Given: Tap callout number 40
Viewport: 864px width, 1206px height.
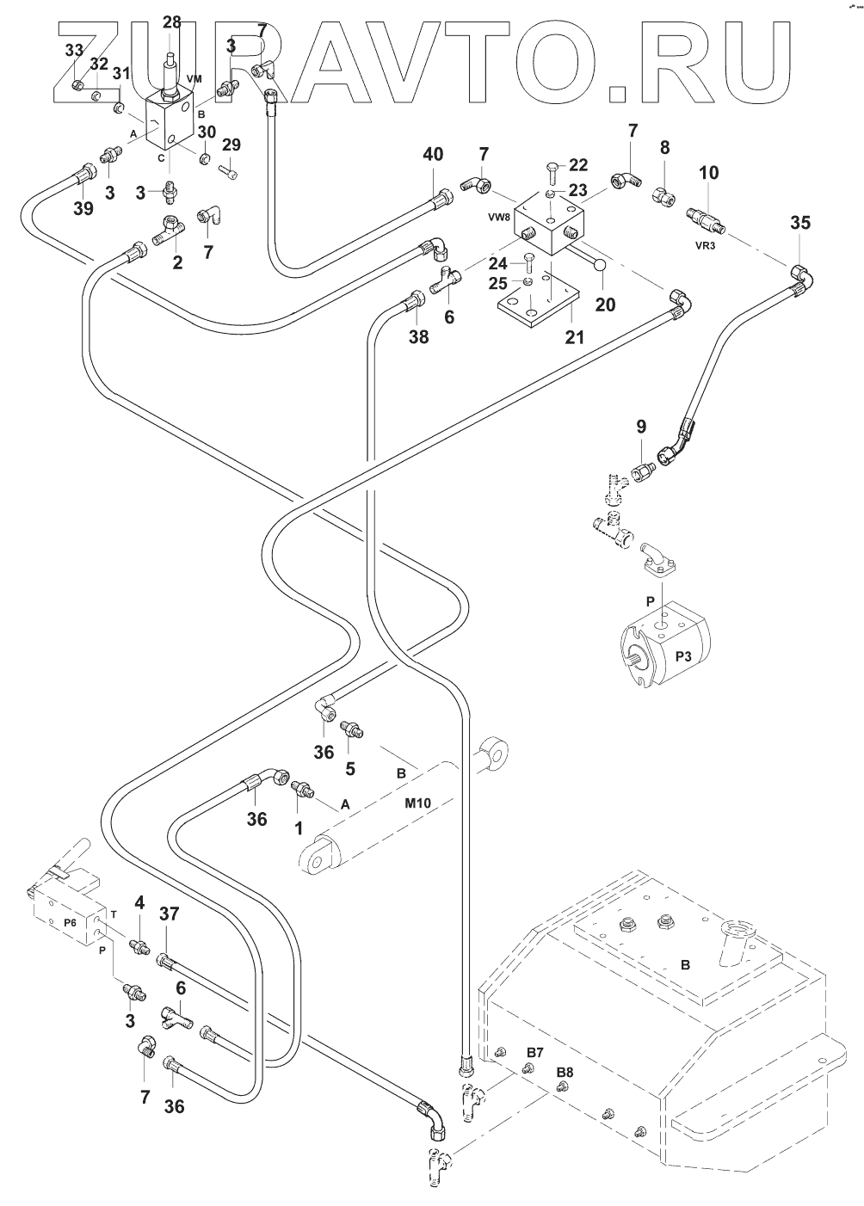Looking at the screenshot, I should pyautogui.click(x=433, y=155).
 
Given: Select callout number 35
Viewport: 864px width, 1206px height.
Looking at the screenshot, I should pyautogui.click(x=800, y=224).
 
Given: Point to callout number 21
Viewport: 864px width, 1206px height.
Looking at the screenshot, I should pyautogui.click(x=574, y=337).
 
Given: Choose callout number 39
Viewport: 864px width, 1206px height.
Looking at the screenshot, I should pyautogui.click(x=83, y=208).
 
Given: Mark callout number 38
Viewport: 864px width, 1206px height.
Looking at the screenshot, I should pyautogui.click(x=418, y=337).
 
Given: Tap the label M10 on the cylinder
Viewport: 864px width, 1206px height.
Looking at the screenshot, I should pyautogui.click(x=417, y=804).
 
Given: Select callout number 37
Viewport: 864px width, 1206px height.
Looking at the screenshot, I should pyautogui.click(x=169, y=914).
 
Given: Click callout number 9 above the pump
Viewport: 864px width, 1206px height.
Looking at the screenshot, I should pyautogui.click(x=640, y=428).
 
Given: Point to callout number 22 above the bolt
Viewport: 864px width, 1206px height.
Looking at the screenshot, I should pyautogui.click(x=579, y=165).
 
